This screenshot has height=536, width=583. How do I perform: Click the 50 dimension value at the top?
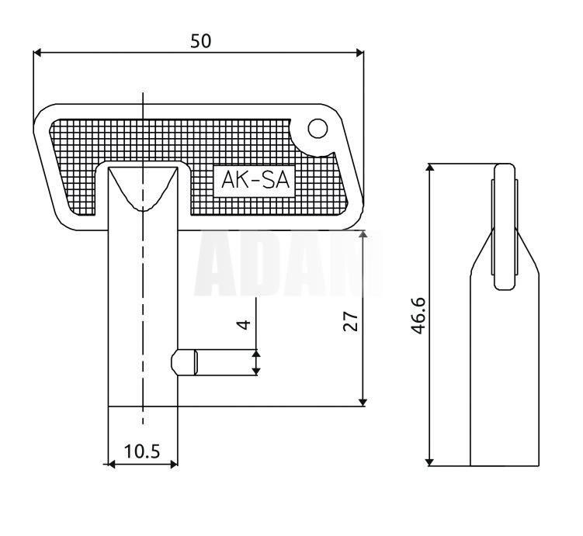click(x=201, y=41)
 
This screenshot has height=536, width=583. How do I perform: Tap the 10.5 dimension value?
click(x=141, y=451)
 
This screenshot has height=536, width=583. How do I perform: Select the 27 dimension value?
click(x=351, y=321)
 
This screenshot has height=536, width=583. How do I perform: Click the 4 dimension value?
click(x=244, y=324)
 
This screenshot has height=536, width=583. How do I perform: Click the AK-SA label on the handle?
click(x=255, y=180)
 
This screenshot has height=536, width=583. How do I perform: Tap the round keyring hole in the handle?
click(x=318, y=129)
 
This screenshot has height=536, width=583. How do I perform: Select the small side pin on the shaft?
click(x=184, y=362)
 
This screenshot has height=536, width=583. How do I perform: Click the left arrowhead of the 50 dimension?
click(x=37, y=53)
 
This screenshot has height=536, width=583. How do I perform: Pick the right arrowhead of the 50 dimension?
click(x=359, y=53)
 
